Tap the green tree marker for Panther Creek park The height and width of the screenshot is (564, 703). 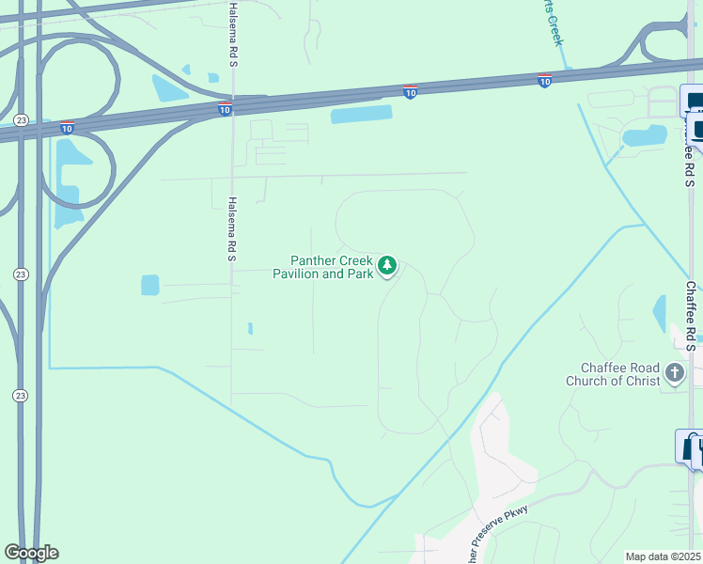pos(387,267)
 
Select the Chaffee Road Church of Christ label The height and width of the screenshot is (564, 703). pos(613,374)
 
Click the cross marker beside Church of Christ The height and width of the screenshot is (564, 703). pos(674,374)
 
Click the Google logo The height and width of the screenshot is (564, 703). pos(31,553)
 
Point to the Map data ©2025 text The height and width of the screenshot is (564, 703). pos(663,556)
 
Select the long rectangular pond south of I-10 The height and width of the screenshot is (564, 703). pos(361,114)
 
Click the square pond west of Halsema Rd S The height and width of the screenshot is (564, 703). pos(150,285)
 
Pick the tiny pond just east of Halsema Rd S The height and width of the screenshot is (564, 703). pos(249,328)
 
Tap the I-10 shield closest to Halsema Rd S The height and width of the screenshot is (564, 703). pos(225,110)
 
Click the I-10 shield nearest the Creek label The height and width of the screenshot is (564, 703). pos(544,81)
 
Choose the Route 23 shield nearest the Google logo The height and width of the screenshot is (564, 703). pos(21,396)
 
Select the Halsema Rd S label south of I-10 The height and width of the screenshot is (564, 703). pos(232,228)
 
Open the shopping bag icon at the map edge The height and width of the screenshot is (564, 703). pos(693,446)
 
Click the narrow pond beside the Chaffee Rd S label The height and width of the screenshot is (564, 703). pos(660,313)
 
